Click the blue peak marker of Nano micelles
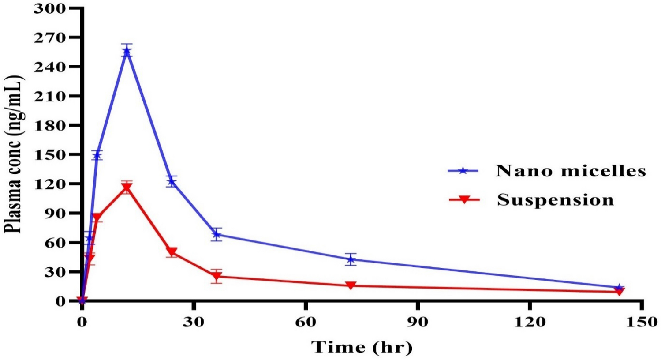pos(127,51)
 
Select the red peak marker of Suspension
pos(127,188)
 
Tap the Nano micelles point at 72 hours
pos(351,259)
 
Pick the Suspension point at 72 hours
pos(351,285)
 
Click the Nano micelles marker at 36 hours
pos(216,234)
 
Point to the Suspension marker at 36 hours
pos(216,277)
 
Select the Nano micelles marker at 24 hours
pos(172,181)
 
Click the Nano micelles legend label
pos(571,171)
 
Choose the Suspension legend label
pos(555,200)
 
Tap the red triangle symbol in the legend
pos(464,200)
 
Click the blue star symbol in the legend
pos(463,171)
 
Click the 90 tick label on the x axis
pos(418,322)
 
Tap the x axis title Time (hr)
pos(362,347)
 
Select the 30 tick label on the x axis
pos(194,322)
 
